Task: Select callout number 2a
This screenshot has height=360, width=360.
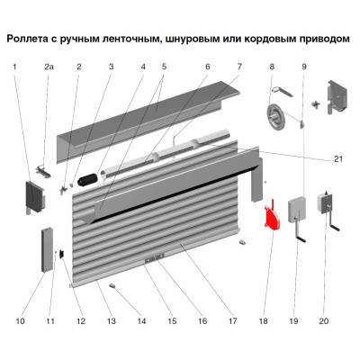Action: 49,67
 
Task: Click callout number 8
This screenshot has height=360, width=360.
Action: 271,67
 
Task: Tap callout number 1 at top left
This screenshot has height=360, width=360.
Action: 14,67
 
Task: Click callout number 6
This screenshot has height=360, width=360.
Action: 207,67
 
